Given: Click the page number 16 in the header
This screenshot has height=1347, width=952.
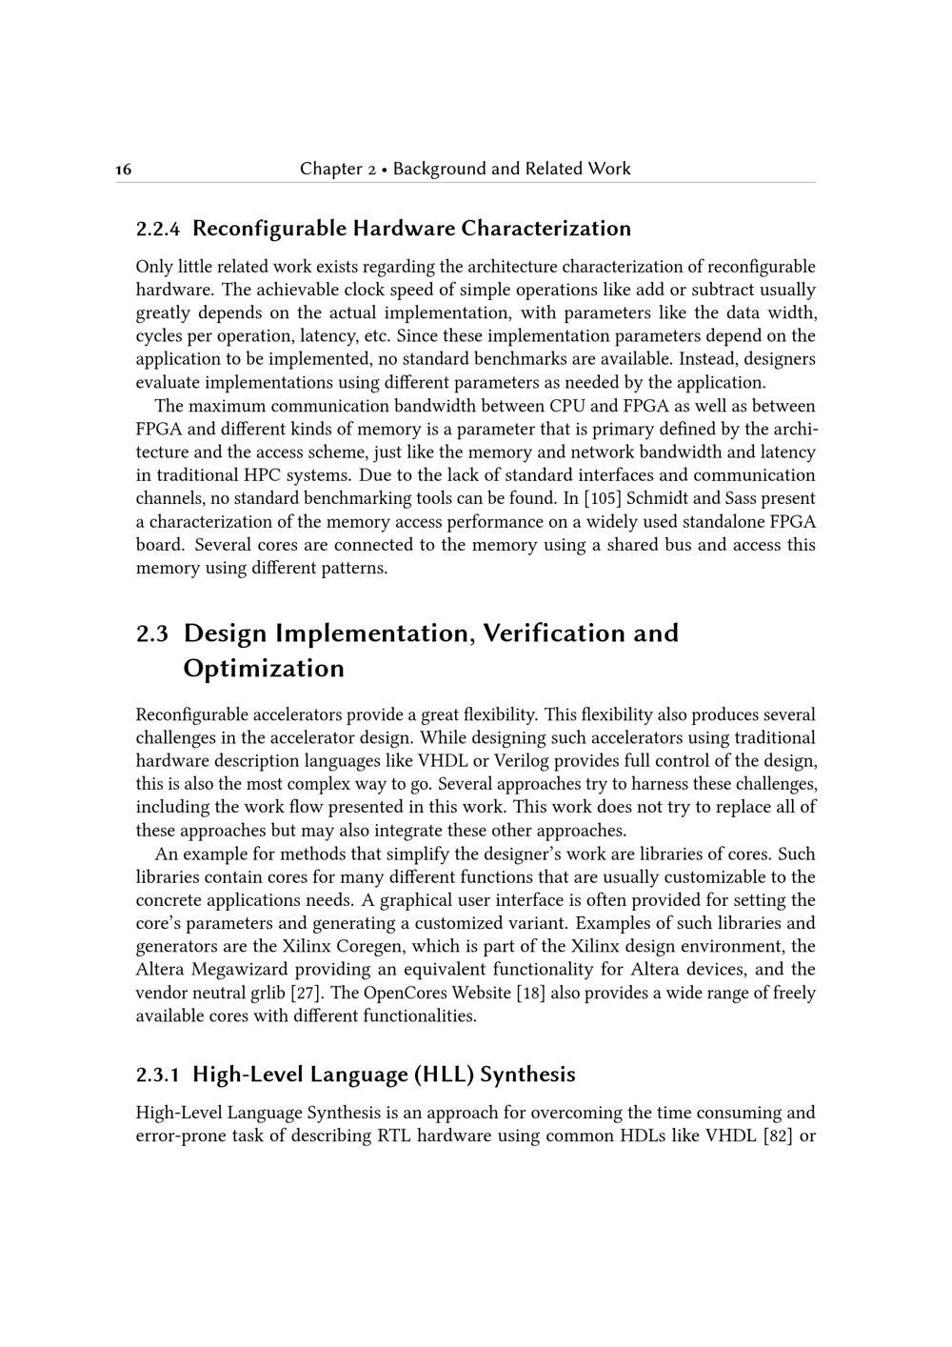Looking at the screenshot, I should (x=123, y=170).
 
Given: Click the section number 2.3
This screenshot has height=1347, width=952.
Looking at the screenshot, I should (x=152, y=633).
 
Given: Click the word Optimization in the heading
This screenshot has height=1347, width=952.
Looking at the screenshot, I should (x=264, y=669).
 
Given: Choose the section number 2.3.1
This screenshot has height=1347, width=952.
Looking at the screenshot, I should (x=158, y=1075).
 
